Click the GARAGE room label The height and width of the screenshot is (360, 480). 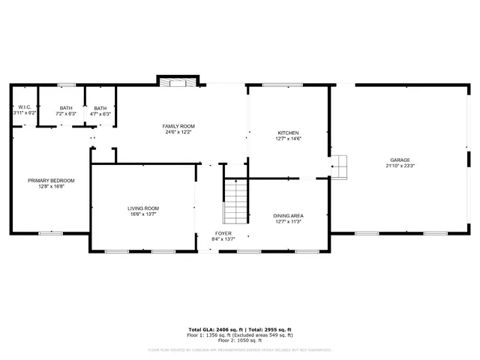tap(399, 160)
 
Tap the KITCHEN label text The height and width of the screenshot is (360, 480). tap(289, 133)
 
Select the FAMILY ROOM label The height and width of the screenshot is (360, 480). tap(179, 126)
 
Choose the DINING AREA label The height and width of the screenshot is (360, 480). tap(288, 216)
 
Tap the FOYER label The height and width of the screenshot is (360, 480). tap(223, 233)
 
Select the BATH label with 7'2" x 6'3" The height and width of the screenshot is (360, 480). tap(67, 108)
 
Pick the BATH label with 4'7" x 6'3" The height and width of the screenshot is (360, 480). tap(100, 108)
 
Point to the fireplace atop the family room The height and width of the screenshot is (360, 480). tap(178, 81)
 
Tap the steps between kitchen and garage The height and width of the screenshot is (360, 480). tap(340, 166)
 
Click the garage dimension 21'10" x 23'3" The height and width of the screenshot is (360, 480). tap(399, 166)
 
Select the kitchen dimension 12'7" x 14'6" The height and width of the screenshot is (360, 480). tap(289, 139)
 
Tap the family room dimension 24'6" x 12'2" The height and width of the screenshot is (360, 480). tap(179, 132)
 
